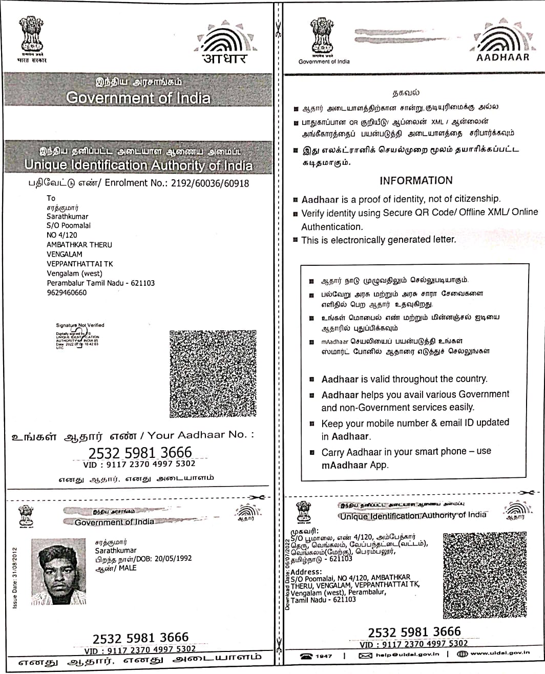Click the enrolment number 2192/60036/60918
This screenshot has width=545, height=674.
211,183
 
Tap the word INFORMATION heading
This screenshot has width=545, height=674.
416,180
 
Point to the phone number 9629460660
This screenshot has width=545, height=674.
67,292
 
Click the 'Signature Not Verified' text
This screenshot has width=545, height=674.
80,325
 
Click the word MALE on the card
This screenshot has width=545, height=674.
128,568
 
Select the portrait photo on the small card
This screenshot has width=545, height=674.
58,571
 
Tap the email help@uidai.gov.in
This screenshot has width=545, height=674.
407,655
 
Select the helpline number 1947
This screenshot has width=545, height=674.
324,656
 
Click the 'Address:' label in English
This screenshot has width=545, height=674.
306,572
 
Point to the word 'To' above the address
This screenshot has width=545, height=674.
51,198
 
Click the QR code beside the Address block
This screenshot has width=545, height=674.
485,575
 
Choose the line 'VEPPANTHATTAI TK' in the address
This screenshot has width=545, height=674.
80,264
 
